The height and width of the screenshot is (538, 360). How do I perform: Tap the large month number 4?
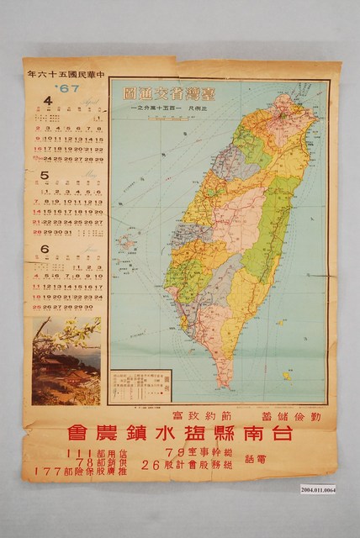click(48, 103)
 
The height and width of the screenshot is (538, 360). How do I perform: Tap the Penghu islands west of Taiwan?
click(125, 244)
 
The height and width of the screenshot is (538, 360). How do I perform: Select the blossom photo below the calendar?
click(66, 361)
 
